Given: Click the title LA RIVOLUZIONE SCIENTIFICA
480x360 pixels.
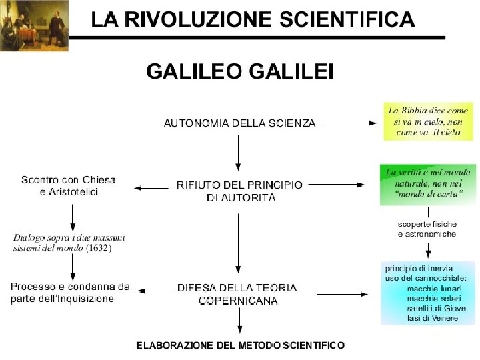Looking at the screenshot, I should coord(253,19).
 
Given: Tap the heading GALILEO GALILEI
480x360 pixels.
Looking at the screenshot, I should coord(239,72).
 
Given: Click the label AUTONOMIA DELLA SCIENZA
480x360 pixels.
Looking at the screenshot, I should coord(239,123).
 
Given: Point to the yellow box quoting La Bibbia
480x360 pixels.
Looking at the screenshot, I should coord(427,121).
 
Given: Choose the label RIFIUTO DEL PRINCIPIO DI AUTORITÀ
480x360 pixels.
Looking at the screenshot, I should coord(239,191).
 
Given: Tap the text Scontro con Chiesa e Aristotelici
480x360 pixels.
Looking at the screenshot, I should coord(69,186).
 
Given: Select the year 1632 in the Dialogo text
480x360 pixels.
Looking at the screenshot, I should coord(98,249).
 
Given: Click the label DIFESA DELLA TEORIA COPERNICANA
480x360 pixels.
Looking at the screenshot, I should coord(237,294).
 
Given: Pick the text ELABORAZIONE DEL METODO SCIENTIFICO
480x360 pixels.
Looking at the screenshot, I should coord(240,345).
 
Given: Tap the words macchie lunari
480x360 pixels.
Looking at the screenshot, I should coord(431,289).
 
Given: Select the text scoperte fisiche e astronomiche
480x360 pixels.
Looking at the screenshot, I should coord(427,229).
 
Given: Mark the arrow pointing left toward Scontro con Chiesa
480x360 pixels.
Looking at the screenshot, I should coord(151,189).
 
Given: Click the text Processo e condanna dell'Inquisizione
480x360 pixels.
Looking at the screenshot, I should coord(70,293).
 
